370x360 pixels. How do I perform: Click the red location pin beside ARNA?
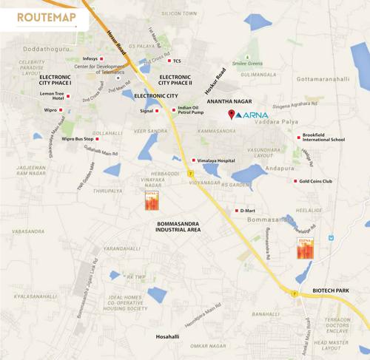231,114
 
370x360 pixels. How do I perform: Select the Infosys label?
90,58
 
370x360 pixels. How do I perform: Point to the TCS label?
177,61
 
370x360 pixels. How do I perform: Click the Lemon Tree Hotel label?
52,96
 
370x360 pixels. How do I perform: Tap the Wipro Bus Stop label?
78,138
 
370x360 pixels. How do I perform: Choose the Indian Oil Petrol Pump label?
191,110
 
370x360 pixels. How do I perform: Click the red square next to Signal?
158,111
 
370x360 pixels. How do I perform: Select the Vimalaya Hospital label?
216,160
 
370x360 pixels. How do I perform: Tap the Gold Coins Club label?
316,180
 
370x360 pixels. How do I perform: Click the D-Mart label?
247,211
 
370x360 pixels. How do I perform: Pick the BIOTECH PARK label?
330,291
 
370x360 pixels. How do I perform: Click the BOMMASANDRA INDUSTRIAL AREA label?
178,225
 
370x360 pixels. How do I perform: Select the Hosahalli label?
167,336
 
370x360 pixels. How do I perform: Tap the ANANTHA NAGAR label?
229,101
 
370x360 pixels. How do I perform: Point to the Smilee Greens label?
247,64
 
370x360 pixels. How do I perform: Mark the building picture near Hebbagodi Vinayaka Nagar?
151,200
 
